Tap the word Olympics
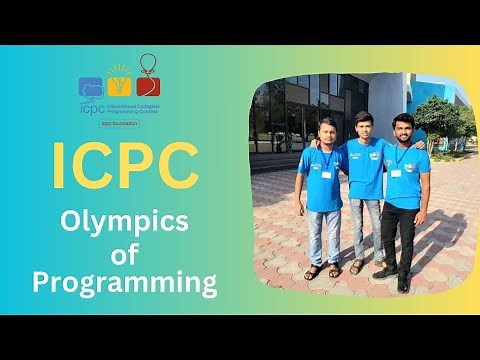click(124, 222)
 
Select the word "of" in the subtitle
click(124, 253)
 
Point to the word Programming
click(124, 283)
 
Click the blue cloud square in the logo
click(92, 88)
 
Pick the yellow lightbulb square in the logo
click(120, 88)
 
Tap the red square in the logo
click(148, 88)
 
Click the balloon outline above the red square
click(148, 65)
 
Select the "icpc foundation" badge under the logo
click(120, 123)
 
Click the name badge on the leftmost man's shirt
click(326, 174)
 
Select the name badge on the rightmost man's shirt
click(396, 172)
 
